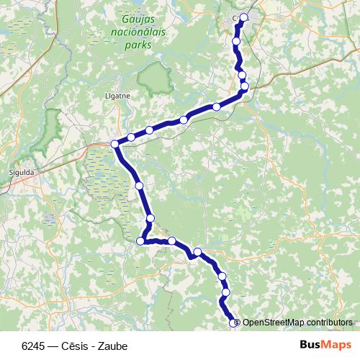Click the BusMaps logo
pos(325,344)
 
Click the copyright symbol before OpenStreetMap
pos(238,323)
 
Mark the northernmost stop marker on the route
pos(244,17)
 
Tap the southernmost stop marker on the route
pos(233,323)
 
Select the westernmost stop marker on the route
pos(115,144)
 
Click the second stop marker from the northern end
pos(236,42)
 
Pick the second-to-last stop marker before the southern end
pos(226,292)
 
